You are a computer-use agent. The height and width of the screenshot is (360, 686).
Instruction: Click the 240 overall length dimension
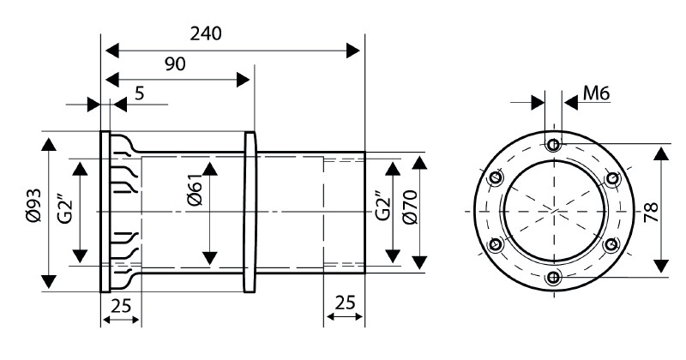pos(206,33)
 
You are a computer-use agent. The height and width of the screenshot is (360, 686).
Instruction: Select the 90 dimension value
pos(175,64)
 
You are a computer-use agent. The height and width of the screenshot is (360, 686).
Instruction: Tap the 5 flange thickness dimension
pos(139,93)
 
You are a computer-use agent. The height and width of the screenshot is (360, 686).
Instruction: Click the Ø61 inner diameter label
pos(194,193)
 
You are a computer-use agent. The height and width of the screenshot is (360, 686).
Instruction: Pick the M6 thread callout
pos(596,93)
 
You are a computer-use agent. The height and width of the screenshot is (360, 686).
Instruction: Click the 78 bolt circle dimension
pos(651,213)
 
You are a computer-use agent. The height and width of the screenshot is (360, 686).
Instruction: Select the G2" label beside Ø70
pos(382,206)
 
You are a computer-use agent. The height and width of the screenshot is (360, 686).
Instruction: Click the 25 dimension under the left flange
pos(121,306)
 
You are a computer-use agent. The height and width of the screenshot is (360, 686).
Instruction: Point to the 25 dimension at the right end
pos(345,303)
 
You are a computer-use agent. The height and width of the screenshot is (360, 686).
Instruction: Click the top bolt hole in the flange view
pos(554,144)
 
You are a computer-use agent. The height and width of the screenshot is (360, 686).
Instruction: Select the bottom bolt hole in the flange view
pos(553,277)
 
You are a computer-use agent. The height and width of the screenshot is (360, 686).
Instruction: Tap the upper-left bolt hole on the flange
pos(496,178)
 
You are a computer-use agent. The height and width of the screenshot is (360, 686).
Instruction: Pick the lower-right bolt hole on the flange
pos(611,244)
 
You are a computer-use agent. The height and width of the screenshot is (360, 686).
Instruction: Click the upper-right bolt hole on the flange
pos(612,178)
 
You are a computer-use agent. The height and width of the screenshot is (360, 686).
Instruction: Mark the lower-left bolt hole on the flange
pos(496,243)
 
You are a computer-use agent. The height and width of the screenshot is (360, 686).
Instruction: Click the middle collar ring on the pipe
pos(250,213)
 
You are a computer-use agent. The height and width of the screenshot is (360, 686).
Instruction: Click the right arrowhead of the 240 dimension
pos(353,51)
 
